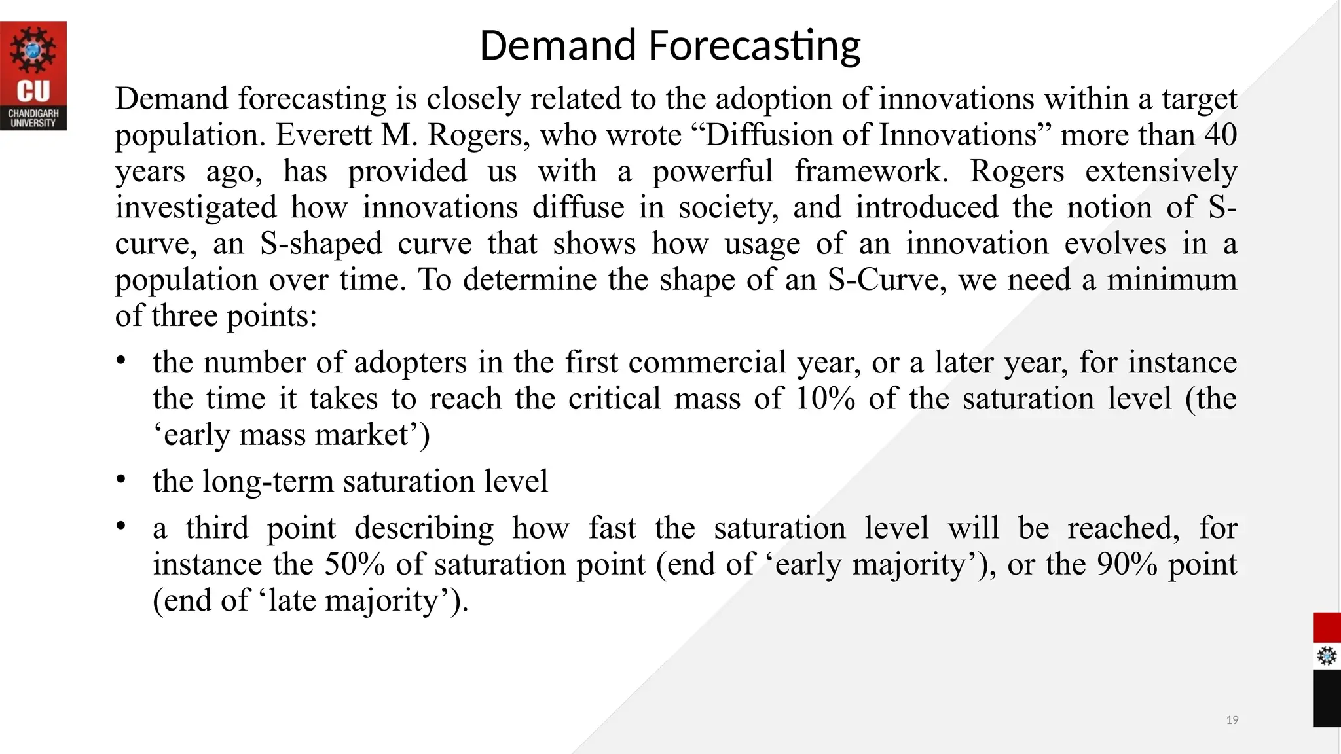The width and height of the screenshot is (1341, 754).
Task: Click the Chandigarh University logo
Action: (x=33, y=75)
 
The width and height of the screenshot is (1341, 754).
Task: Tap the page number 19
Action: (x=1232, y=720)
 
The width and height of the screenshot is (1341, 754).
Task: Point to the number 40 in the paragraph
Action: (x=1220, y=135)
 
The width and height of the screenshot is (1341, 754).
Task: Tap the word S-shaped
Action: (x=321, y=244)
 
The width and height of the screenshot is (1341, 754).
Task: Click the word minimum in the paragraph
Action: (x=1171, y=280)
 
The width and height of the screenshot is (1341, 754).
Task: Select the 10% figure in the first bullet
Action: (x=825, y=399)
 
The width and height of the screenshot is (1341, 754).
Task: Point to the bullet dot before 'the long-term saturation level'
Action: (x=120, y=480)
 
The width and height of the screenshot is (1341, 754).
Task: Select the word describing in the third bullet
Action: (x=424, y=529)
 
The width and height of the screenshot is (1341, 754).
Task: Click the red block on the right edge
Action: (x=1327, y=628)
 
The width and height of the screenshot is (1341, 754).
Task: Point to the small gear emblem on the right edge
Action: (x=1327, y=656)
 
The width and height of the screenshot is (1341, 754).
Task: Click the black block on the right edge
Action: (x=1327, y=698)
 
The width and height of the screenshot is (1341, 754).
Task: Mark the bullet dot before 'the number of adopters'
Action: (x=120, y=361)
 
